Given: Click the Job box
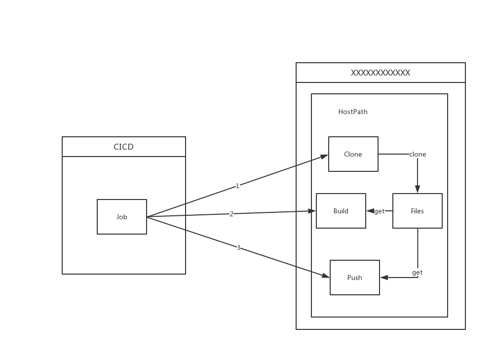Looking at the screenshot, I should pyautogui.click(x=122, y=217).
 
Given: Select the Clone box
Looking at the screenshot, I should pyautogui.click(x=353, y=154).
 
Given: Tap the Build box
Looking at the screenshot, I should pyautogui.click(x=341, y=211).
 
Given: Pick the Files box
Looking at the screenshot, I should pyautogui.click(x=418, y=211).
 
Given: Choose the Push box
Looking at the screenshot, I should pyautogui.click(x=355, y=278).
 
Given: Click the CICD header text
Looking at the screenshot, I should pyautogui.click(x=123, y=147).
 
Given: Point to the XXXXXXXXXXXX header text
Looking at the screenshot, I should pyautogui.click(x=381, y=73).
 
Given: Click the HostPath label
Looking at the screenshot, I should pyautogui.click(x=353, y=112).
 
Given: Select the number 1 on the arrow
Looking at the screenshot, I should pyautogui.click(x=237, y=186).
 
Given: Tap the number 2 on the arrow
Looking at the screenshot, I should pyautogui.click(x=231, y=214).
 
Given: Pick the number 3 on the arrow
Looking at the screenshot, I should pyautogui.click(x=238, y=247).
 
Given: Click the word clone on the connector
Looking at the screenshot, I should pyautogui.click(x=418, y=154).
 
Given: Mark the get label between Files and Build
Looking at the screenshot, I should pyautogui.click(x=380, y=211).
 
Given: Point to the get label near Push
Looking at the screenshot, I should pyautogui.click(x=418, y=272).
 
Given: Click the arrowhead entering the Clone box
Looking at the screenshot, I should pyautogui.click(x=324, y=157).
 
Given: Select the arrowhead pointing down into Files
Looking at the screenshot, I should pyautogui.click(x=418, y=189).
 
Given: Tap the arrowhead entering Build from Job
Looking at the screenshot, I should pyautogui.click(x=312, y=211).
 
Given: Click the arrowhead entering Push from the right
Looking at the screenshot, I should pyautogui.click(x=384, y=278).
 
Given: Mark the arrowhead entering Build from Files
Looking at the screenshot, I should pyautogui.click(x=370, y=211).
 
